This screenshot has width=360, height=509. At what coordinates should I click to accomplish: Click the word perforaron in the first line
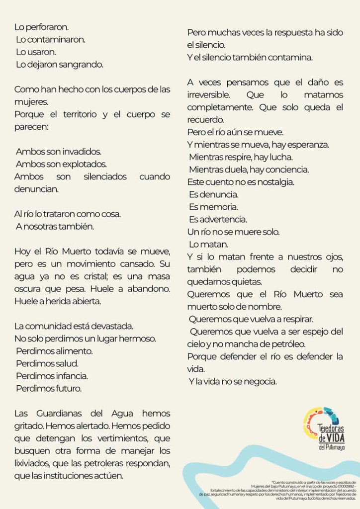click(x=46, y=27)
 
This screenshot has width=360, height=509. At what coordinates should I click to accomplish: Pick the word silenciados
click(x=105, y=176)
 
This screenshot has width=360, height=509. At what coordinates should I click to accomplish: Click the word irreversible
click(x=208, y=94)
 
